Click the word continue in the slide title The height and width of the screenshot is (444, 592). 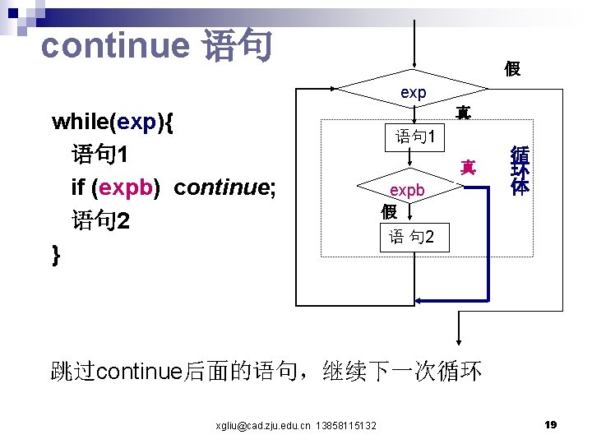click(x=114, y=45)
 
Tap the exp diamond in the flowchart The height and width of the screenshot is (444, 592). click(x=414, y=92)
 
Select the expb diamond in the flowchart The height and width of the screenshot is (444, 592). click(x=407, y=190)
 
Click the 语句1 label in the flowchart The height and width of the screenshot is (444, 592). click(x=420, y=136)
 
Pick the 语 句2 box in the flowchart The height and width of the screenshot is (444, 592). click(x=418, y=238)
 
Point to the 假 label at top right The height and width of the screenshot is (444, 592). click(x=511, y=69)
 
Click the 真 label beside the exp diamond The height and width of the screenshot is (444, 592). click(x=463, y=113)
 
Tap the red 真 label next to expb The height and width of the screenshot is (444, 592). click(x=468, y=168)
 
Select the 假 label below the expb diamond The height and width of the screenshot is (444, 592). click(x=389, y=211)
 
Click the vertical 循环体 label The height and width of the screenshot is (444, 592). click(x=519, y=170)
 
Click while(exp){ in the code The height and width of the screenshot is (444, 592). click(x=113, y=123)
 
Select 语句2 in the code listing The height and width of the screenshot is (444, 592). click(x=101, y=221)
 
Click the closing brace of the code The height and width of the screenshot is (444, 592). click(x=56, y=253)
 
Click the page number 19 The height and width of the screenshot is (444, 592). click(x=551, y=424)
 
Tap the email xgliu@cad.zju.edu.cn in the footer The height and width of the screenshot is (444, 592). click(x=262, y=425)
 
